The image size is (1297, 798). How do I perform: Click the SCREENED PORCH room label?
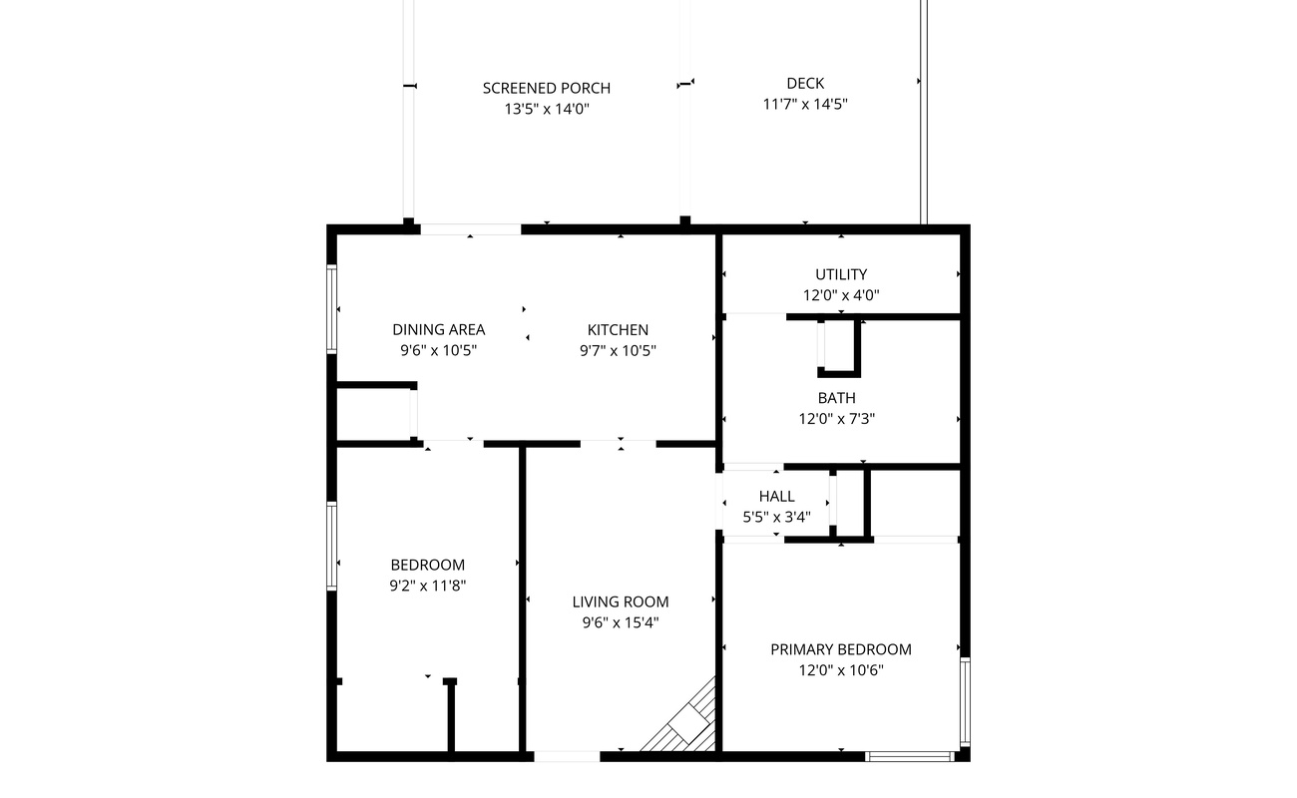coord(547,88)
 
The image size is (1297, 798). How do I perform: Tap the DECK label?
coord(805,84)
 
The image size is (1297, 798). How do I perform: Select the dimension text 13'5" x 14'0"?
coord(547,109)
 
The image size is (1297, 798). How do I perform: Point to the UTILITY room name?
coord(841,274)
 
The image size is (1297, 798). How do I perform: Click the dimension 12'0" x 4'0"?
coord(841,295)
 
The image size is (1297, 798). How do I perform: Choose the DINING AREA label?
coord(438,329)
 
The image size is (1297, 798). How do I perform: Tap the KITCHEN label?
coord(618,329)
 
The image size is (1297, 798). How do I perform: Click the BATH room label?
coord(837,398)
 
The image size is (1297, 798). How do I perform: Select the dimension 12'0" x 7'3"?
coord(837,419)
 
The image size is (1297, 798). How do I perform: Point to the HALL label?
coord(776,497)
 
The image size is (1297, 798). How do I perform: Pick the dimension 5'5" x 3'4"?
coord(776,517)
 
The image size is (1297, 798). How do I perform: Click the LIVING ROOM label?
coord(621,602)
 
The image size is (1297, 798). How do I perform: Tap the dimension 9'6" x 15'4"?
coord(621,623)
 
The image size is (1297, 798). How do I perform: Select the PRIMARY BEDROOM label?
coord(841,649)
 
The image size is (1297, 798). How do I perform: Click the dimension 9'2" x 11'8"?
coord(427,586)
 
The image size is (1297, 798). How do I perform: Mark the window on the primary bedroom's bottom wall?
coord(909,756)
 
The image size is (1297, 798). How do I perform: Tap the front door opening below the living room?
coord(567,756)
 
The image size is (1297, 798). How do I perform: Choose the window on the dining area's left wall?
coord(332,309)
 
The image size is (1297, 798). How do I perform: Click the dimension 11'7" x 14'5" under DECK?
coord(805,104)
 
